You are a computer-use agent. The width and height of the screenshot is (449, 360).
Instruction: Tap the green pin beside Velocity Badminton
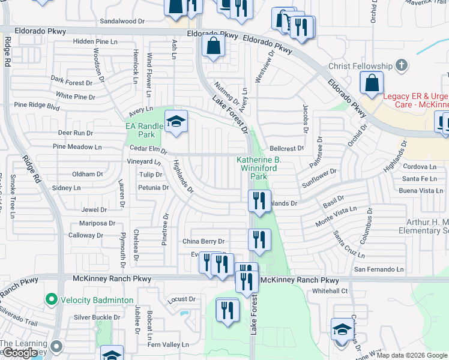(51, 299)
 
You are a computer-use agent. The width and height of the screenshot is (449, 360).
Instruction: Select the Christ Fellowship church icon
(402, 65)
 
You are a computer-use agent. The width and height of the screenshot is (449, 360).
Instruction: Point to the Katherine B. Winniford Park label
(259, 168)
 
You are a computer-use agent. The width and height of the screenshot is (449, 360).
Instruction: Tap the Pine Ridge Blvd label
(37, 107)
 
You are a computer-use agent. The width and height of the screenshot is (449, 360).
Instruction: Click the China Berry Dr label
(203, 242)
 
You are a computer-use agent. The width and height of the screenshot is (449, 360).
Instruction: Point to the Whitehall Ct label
(330, 291)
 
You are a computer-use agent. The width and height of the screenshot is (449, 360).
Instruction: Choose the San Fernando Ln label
(379, 270)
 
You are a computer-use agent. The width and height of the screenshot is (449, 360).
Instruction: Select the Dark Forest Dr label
(72, 82)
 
